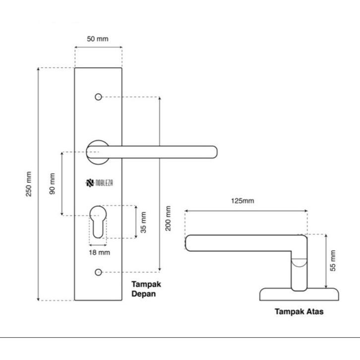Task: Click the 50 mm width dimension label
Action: point(98,39)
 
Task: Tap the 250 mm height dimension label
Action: point(28,184)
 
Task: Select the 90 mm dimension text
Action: point(53,183)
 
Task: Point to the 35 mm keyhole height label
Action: point(143,222)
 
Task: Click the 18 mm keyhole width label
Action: point(99,252)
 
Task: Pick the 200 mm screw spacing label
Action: point(168,218)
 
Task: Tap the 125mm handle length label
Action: point(242,201)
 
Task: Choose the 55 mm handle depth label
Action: point(333,261)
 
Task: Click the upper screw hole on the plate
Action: point(98,97)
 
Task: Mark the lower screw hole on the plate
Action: point(98,272)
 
